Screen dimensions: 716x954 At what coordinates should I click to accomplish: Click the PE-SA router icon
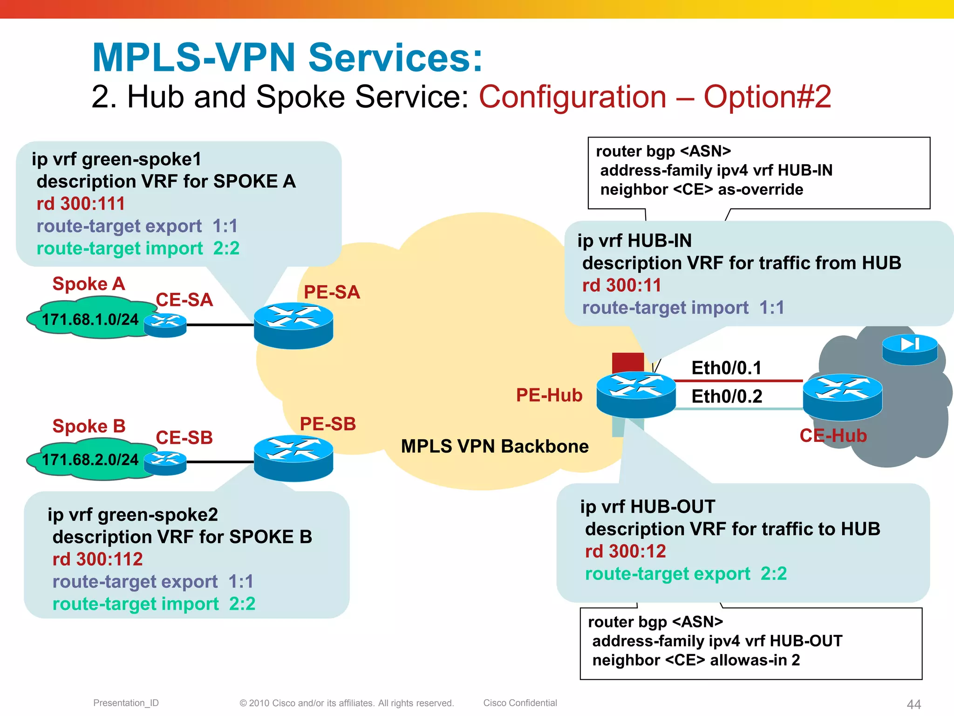point(293,325)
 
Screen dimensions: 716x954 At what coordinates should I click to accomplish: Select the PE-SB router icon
point(293,457)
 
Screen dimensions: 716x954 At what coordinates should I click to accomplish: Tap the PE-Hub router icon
point(636,394)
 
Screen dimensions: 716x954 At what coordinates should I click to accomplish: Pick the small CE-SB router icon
point(165,463)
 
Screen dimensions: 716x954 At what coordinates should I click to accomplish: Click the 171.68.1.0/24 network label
point(90,320)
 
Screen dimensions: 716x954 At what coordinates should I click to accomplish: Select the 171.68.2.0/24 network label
point(90,460)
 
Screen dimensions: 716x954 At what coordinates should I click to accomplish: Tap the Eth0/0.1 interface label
point(726,368)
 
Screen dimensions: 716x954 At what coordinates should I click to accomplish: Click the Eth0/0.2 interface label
point(727,397)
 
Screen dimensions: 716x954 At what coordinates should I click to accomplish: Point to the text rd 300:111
point(81,204)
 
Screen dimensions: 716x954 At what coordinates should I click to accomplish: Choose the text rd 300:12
point(625,551)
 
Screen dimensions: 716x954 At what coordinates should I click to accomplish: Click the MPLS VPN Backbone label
point(495,447)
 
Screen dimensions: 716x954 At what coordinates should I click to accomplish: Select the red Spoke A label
point(89,284)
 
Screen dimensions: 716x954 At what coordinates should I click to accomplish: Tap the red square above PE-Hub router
point(628,362)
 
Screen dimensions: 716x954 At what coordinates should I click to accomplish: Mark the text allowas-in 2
point(755,661)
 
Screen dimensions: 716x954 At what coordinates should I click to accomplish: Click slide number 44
point(913,704)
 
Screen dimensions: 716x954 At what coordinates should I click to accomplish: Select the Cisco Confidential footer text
point(520,703)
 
